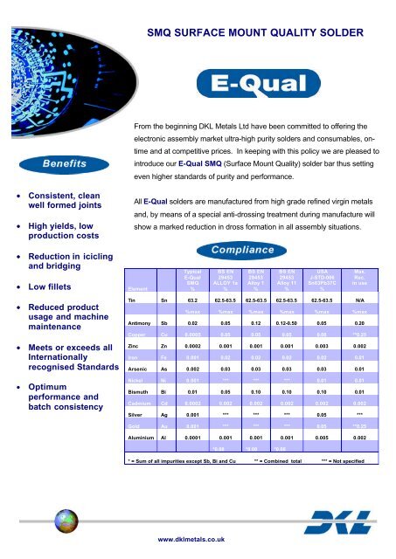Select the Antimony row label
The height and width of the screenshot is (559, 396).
(x=142, y=321)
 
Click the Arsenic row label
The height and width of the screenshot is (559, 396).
(x=141, y=370)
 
